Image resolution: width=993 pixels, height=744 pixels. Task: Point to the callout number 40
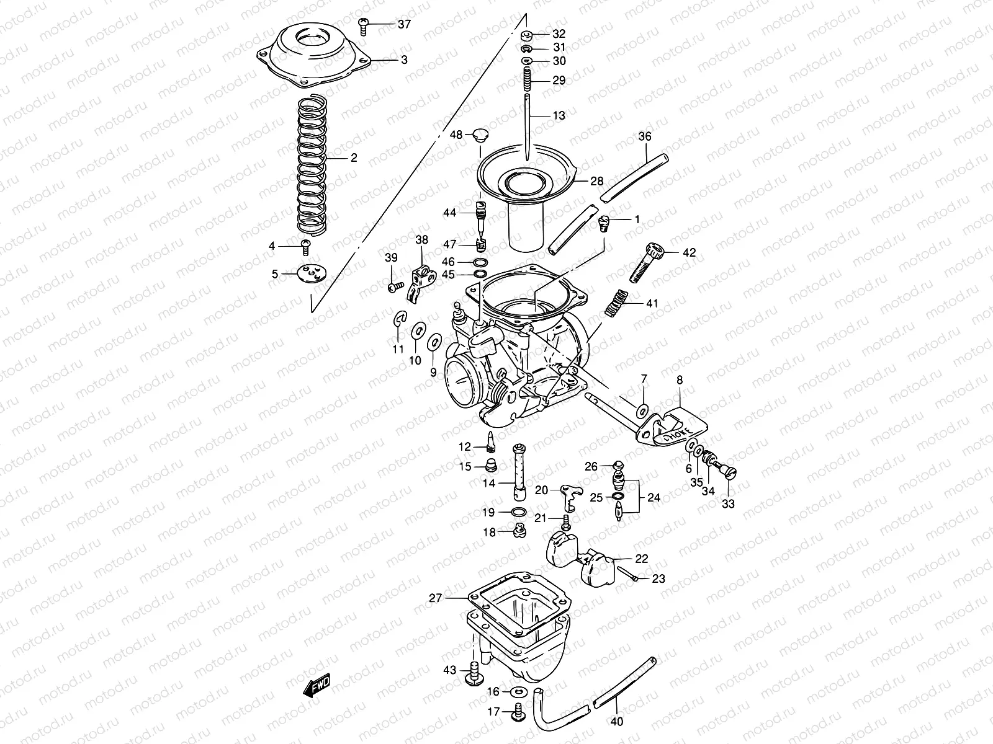click(617, 721)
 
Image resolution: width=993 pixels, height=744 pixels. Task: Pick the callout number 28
click(596, 181)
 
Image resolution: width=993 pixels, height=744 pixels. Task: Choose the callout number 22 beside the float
click(641, 559)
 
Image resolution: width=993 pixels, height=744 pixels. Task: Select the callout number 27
click(434, 598)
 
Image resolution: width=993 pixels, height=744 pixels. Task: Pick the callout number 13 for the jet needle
click(559, 115)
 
